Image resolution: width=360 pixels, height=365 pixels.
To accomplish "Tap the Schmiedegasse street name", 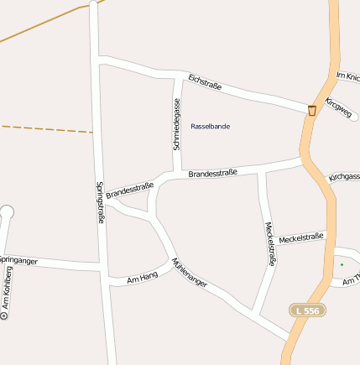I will pyautogui.click(x=177, y=123).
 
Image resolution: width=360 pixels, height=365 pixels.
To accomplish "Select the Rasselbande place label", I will pyautogui.click(x=211, y=126).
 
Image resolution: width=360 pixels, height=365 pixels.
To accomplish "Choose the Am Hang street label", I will pyautogui.click(x=142, y=277).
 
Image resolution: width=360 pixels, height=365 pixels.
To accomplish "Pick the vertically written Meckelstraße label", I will pyautogui.click(x=269, y=242).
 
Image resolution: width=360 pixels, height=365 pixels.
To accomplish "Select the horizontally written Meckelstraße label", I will pyautogui.click(x=300, y=237).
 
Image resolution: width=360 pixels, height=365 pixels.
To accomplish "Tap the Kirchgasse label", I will pyautogui.click(x=345, y=177).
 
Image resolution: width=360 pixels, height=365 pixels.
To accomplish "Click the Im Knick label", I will pyautogui.click(x=347, y=76).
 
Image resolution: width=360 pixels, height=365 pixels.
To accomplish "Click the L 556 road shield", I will pyautogui.click(x=307, y=310).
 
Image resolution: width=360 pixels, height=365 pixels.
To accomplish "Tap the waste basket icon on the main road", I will pyautogui.click(x=312, y=110).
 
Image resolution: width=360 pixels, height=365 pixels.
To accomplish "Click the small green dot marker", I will pyautogui.click(x=342, y=265).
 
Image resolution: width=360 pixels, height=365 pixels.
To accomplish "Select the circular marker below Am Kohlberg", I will pyautogui.click(x=3, y=316).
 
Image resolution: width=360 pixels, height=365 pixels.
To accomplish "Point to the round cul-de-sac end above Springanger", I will pyautogui.click(x=7, y=212).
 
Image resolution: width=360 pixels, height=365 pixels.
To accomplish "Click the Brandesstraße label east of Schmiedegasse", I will pyautogui.click(x=212, y=173).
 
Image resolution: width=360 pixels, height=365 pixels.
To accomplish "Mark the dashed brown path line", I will pyautogui.click(x=46, y=129).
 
